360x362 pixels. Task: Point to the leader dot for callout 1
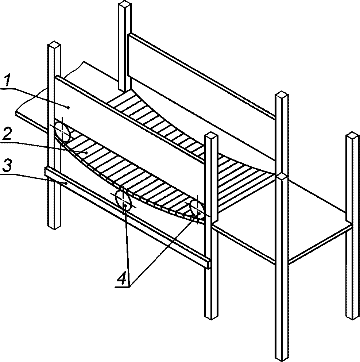point(68,107)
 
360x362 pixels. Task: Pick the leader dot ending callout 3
point(66,183)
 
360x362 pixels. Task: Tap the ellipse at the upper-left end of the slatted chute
point(62,131)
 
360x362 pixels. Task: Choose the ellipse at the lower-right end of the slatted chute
point(197,209)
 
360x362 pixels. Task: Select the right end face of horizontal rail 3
point(209,264)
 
